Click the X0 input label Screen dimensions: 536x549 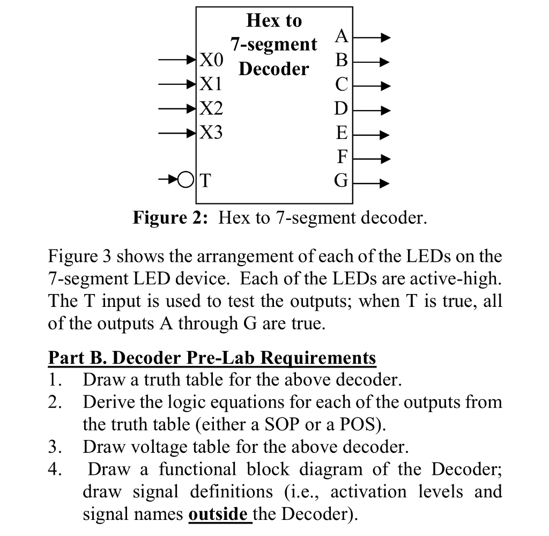click(210, 60)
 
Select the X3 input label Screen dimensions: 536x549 click(210, 132)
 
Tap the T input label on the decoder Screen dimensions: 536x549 click(205, 180)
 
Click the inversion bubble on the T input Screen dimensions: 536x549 click(185, 179)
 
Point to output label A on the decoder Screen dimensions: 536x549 click(342, 36)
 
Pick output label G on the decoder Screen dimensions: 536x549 click(341, 180)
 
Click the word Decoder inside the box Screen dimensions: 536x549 click(274, 69)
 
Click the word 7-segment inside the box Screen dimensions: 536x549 click(274, 45)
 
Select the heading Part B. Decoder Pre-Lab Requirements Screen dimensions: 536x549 click(212, 357)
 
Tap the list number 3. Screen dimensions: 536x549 click(54, 446)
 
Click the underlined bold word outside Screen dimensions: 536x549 click(218, 514)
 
